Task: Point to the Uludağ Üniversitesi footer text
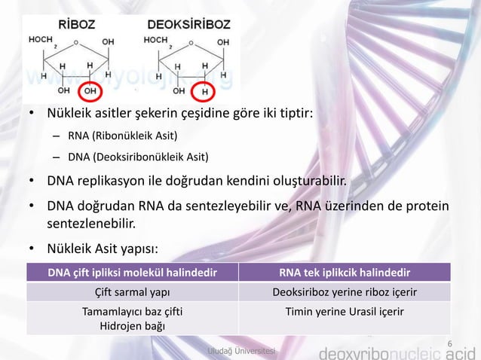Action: tap(241, 352)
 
